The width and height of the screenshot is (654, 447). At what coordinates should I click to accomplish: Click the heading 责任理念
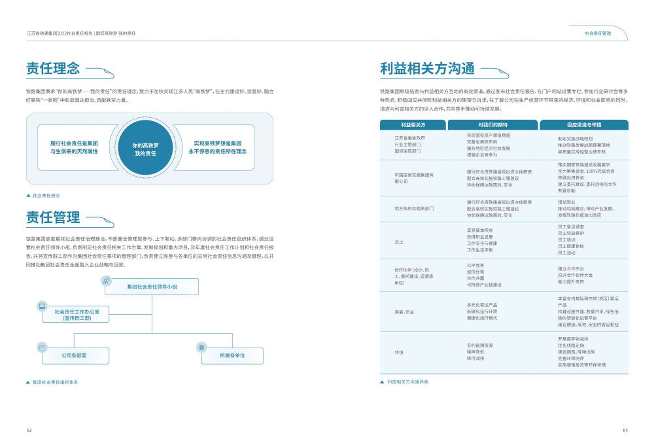(x=53, y=68)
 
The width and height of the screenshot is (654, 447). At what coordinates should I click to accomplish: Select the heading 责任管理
(x=53, y=217)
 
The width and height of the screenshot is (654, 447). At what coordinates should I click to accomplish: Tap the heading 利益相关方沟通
(x=428, y=69)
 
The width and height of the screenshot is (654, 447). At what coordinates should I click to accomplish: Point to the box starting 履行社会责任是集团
(x=74, y=147)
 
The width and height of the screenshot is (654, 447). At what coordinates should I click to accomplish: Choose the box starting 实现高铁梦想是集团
(x=218, y=147)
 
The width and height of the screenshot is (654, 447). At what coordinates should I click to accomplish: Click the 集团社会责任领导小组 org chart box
(x=152, y=287)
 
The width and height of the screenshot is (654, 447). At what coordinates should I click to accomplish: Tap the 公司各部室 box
(x=74, y=355)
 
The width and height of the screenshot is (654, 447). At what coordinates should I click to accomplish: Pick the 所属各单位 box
(x=232, y=355)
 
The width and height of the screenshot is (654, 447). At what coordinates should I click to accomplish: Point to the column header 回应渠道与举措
(x=584, y=124)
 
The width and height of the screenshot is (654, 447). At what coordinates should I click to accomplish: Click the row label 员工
(x=399, y=242)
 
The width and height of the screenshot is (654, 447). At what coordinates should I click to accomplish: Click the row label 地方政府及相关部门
(x=414, y=208)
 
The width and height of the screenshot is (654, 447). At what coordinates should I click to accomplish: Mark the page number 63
(x=29, y=430)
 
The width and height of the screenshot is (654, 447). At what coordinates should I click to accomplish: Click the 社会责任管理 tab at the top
(x=598, y=33)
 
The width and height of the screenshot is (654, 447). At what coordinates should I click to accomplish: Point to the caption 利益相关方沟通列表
(x=407, y=381)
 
